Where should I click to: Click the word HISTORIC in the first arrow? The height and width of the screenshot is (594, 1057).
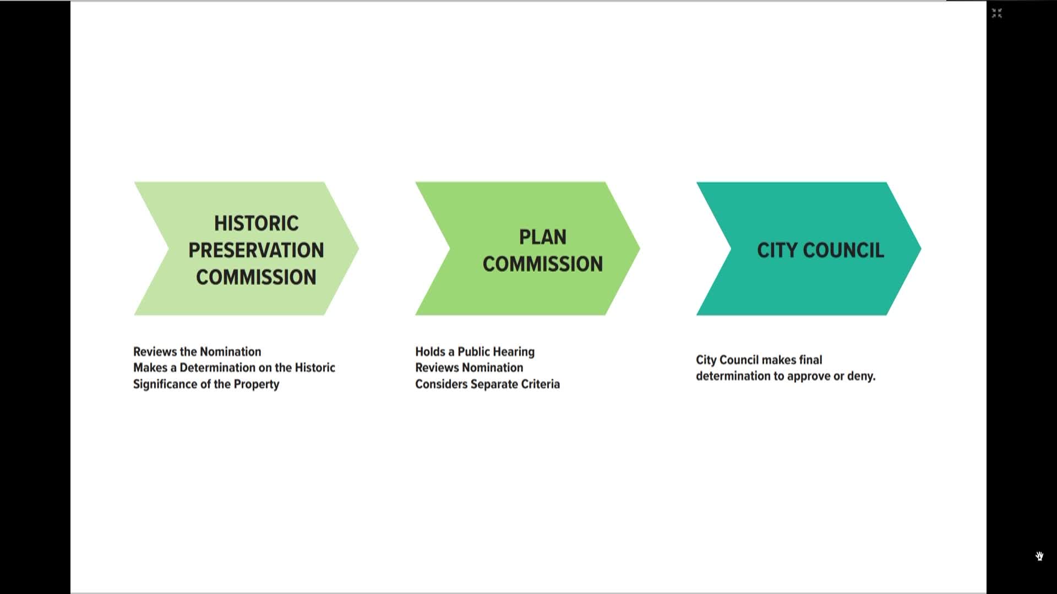click(x=257, y=223)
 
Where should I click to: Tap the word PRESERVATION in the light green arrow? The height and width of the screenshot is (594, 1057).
click(x=256, y=250)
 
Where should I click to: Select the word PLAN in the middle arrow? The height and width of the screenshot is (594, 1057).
click(x=543, y=237)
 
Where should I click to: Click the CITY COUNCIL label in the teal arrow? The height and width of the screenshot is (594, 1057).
click(x=820, y=250)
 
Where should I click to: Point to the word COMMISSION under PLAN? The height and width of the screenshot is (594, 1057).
click(x=543, y=264)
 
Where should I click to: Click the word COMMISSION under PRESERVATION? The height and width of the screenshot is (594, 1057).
click(x=256, y=277)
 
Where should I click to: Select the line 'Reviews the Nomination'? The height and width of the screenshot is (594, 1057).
click(x=197, y=351)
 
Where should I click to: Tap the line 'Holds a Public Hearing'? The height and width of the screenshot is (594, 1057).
click(x=475, y=351)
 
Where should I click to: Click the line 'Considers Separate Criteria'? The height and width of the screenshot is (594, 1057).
click(x=487, y=384)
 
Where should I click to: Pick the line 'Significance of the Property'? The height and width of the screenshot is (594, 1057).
click(x=206, y=384)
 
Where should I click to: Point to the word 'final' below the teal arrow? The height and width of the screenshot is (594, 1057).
click(x=810, y=360)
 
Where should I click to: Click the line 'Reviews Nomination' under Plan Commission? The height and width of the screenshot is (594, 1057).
click(x=469, y=367)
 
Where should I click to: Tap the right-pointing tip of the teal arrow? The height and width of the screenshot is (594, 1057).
click(x=920, y=249)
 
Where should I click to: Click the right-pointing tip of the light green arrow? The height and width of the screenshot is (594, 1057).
click(x=358, y=249)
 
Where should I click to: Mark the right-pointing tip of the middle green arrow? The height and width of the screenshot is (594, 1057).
click(x=639, y=249)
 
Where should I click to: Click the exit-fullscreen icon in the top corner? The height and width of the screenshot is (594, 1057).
click(x=997, y=13)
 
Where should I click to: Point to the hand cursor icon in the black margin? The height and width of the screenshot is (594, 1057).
click(x=1039, y=556)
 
